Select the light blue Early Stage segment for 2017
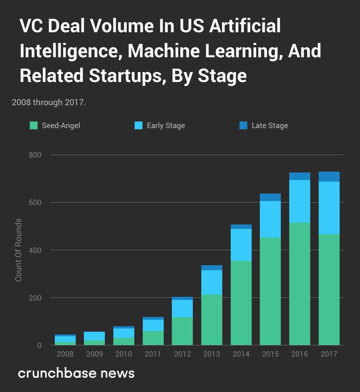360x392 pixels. tap(329, 208)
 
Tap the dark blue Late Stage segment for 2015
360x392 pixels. tap(270, 197)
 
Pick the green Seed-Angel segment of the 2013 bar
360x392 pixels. tap(212, 320)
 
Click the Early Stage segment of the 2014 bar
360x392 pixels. tap(241, 245)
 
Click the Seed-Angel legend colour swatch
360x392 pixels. tap(34, 125)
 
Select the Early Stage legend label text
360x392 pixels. tap(166, 125)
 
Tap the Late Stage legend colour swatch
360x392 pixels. tap(243, 125)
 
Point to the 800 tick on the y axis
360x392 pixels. tap(35, 155)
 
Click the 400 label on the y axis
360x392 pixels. tap(35, 250)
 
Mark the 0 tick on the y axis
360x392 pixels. tap(39, 345)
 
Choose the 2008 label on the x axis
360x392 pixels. tap(65, 354)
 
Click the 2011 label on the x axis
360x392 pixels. tap(153, 354)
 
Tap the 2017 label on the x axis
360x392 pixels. tap(329, 354)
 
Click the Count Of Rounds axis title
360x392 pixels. tap(18, 250)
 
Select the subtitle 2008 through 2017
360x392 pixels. tap(49, 102)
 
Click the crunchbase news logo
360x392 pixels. tap(76, 373)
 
